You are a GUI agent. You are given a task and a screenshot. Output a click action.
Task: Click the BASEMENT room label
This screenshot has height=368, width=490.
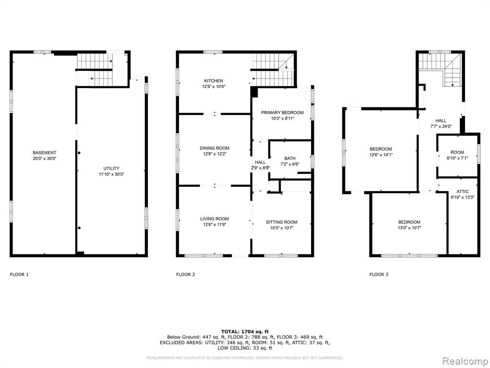click(x=45, y=153)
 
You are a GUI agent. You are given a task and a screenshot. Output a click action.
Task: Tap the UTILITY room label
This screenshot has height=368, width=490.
click(x=111, y=168)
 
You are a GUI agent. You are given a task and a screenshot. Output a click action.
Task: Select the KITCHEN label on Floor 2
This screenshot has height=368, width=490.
click(x=214, y=80)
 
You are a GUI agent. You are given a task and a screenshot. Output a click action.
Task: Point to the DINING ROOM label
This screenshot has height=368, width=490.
click(x=214, y=148)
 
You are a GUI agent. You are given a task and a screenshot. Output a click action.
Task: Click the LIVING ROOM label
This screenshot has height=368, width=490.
click(x=214, y=218)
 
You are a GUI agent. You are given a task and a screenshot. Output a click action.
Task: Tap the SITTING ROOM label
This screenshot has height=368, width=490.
click(x=281, y=222)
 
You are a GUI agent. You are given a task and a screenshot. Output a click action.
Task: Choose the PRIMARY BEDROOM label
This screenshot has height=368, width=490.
click(x=282, y=113)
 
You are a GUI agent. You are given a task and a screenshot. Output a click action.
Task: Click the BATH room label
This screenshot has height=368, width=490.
click(x=290, y=158)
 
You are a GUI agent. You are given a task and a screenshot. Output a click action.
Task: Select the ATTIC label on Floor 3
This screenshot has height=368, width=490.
click(x=463, y=192)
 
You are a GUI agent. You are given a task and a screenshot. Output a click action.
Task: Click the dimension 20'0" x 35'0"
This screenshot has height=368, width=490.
click(x=45, y=158)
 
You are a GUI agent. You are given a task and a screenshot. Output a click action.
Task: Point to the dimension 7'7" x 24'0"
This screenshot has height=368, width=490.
click(x=441, y=126)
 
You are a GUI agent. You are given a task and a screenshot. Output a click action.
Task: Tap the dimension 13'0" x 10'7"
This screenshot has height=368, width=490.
click(x=409, y=228)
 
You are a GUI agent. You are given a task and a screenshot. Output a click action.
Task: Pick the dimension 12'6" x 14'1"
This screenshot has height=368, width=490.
click(x=380, y=155)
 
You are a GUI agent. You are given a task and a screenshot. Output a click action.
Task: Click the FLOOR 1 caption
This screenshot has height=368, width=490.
click(x=19, y=275)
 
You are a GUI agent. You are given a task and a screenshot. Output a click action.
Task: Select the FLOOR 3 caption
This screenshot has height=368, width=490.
click(x=379, y=275)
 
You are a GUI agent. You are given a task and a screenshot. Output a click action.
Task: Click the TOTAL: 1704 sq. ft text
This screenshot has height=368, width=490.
click(x=245, y=332)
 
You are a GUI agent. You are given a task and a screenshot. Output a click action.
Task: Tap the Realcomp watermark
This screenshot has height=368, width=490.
click(x=465, y=361)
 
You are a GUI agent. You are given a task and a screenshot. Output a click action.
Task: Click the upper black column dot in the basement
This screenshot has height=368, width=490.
click(x=79, y=153)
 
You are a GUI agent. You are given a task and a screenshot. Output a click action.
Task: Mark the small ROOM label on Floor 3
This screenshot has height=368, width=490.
click(x=457, y=152)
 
